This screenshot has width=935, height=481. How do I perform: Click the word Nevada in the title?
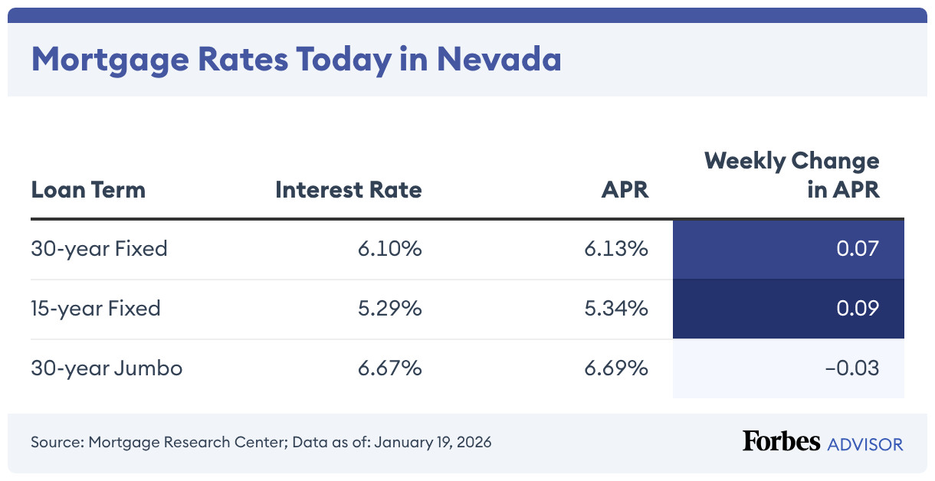tap(499, 59)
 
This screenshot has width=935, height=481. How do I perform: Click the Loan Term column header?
tap(88, 189)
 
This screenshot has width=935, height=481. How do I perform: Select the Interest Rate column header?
tap(349, 189)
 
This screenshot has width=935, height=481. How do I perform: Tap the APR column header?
tap(625, 189)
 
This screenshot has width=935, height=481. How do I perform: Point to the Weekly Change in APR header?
tap(792, 175)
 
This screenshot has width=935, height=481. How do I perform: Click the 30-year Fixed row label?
tap(99, 248)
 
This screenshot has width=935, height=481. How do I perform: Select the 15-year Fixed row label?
tap(96, 308)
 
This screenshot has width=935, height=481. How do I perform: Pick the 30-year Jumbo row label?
tap(107, 368)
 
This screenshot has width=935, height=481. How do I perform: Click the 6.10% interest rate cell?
tap(389, 248)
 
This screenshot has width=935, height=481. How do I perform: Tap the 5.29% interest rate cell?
tap(389, 308)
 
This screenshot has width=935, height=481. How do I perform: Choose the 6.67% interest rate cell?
tap(389, 368)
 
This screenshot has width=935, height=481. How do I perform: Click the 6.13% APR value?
tap(617, 248)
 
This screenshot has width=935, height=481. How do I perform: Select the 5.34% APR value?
tap(617, 308)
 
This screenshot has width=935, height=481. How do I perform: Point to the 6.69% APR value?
tap(617, 368)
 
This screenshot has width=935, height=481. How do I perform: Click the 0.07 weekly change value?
tap(857, 248)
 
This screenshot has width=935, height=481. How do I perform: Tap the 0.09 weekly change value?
tap(857, 308)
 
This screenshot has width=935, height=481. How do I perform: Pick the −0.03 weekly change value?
tap(851, 368)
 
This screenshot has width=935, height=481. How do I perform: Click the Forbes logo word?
tap(781, 441)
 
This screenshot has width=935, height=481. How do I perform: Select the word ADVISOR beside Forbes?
tap(865, 443)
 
